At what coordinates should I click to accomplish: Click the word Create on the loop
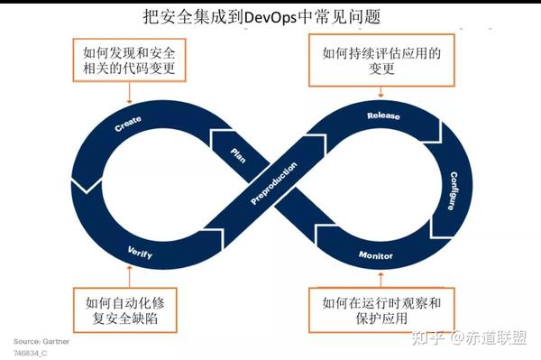129,124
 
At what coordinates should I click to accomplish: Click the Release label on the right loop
383,116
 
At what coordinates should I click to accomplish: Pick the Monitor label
375,255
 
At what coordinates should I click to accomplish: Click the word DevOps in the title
284,16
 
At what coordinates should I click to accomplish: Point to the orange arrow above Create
131,93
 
